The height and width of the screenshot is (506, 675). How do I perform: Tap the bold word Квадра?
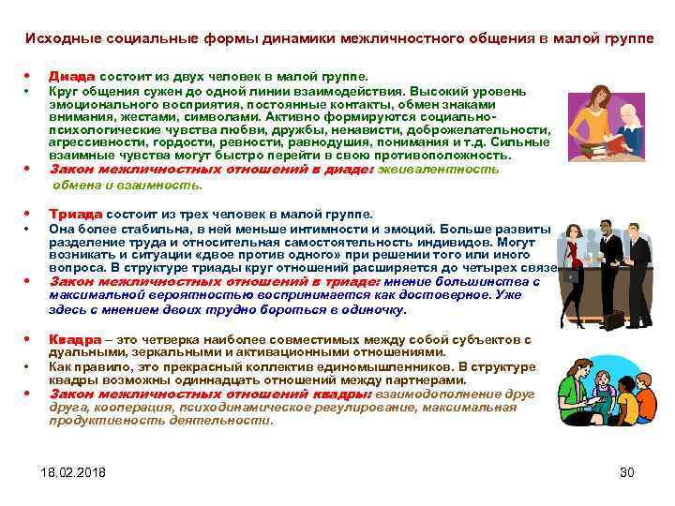[75, 339]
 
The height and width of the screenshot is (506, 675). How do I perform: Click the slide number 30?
[628, 472]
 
